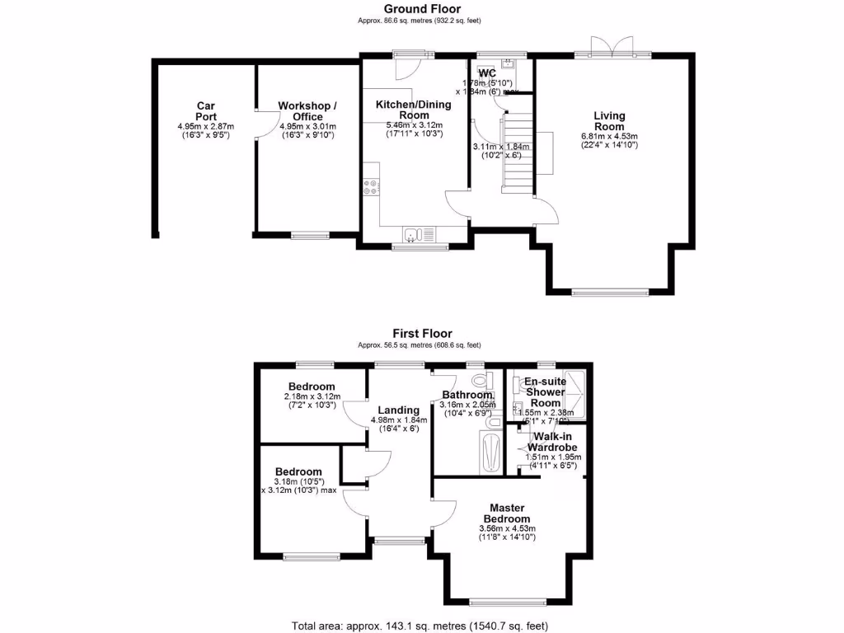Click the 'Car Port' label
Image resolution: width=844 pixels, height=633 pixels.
coord(205,111)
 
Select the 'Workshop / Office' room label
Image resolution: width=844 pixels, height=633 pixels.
coord(307,111)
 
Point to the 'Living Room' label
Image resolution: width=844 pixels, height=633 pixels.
coord(609,121)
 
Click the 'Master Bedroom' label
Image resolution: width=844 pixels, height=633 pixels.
coord(507,513)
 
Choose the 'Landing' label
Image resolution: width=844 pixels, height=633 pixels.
coord(399,410)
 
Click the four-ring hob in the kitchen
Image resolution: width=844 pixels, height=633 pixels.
coord(370,187)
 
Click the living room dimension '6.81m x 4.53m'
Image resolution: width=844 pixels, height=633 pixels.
coord(609,136)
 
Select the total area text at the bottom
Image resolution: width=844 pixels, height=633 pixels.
coord(420,624)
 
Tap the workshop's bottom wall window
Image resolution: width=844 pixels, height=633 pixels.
coord(307,236)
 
